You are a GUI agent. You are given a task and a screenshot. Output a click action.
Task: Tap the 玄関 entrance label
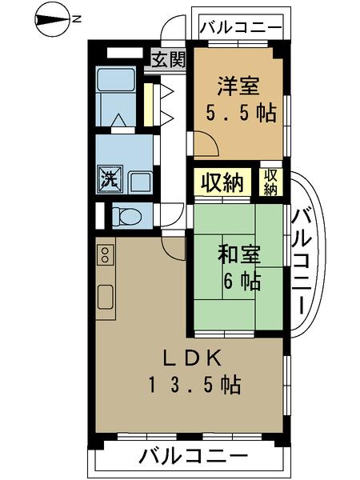168,58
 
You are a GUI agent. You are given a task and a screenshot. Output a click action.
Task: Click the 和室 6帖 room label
238,269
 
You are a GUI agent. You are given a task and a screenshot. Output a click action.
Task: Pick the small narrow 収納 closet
271,182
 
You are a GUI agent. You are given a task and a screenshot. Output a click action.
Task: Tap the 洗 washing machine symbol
108,178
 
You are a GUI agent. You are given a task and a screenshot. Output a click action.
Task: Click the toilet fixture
126,214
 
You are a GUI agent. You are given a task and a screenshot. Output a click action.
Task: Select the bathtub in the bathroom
116,86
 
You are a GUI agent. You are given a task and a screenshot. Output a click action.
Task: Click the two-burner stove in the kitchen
105,255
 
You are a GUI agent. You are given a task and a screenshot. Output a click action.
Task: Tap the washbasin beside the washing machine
140,181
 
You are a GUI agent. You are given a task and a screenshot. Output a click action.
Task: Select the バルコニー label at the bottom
192,457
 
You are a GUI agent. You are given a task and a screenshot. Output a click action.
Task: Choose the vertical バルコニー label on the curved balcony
302,260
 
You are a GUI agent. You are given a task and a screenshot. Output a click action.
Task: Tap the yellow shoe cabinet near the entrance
149,103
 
